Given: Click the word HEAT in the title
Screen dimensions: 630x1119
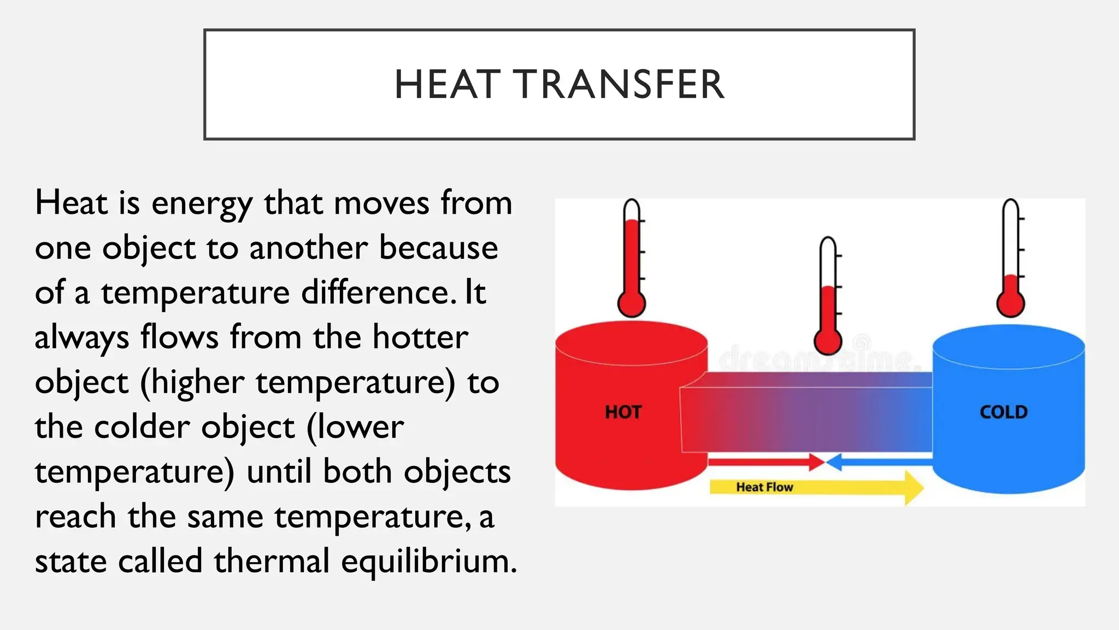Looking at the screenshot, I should click(x=447, y=85).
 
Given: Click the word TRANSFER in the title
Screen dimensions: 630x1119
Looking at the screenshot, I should click(x=620, y=85).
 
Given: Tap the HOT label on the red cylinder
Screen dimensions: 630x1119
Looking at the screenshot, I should click(x=623, y=412).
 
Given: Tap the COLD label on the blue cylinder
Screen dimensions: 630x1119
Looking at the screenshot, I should click(x=1003, y=412).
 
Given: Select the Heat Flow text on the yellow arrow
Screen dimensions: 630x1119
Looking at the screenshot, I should click(x=764, y=487).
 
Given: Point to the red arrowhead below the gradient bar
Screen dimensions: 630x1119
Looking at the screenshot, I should click(x=817, y=462).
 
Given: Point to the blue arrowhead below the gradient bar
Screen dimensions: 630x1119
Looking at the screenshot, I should click(x=834, y=463).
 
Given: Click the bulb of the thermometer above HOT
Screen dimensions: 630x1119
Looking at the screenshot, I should click(x=632, y=304).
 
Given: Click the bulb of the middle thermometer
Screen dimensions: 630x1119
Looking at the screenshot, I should click(x=828, y=341).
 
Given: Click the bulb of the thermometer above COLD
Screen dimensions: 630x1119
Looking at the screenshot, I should click(x=1010, y=304).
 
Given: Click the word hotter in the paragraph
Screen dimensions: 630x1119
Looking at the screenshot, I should click(x=420, y=337).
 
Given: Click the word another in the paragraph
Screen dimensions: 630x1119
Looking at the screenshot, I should click(x=308, y=248).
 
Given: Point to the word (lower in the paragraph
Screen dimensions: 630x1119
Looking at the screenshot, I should click(x=355, y=427).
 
